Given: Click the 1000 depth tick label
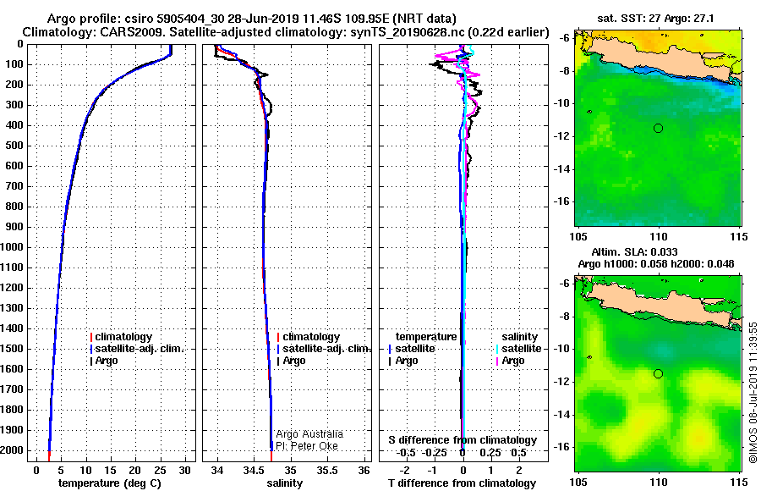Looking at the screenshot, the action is coord(12,247).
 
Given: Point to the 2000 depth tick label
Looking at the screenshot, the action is coord(12,450).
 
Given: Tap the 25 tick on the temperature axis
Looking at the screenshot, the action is coord(160,471).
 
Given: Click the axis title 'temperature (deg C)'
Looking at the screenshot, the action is coord(110,483).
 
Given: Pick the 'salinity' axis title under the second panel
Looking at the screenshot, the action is coord(284,483).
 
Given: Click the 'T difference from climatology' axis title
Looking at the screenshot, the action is coord(462,483).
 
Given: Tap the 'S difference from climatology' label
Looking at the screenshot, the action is coord(463,440).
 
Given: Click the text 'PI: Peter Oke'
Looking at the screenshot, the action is coord(307,446).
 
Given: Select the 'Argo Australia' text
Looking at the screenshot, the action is coord(309,434).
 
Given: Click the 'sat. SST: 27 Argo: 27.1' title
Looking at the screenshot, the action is coord(655,19).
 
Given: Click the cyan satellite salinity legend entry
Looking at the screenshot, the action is coord(519,349).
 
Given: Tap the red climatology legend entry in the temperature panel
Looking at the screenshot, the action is coord(121,337).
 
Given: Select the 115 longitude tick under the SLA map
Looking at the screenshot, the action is coord(739,483).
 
